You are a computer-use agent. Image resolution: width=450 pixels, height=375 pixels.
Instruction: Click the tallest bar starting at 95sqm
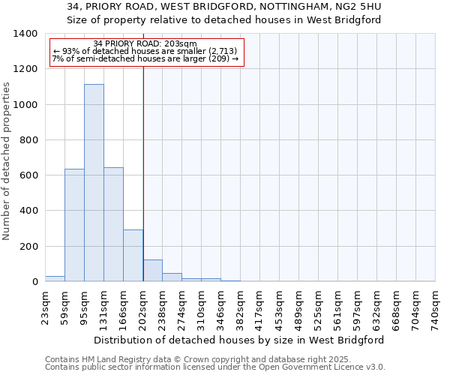coord(94,183)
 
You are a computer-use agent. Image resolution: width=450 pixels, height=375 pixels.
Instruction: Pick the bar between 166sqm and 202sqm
coord(133,256)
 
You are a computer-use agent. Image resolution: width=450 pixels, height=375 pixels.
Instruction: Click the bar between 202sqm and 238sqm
coord(152,271)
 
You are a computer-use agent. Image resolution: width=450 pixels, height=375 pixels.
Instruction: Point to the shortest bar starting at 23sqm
coord(55,278)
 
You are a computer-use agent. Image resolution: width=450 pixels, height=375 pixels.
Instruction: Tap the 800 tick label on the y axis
coord(28,140)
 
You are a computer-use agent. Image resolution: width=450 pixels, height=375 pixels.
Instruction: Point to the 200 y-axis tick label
coord(28,247)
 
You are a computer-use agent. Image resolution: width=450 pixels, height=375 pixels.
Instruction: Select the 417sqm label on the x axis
coord(260,308)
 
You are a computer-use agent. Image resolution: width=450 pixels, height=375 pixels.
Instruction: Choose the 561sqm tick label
coord(338,308)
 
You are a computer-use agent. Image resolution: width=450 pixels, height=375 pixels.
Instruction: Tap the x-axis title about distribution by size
coord(240,340)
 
